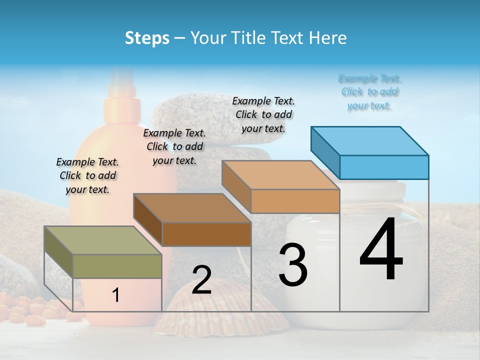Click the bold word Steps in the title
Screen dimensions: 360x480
pyautogui.click(x=147, y=38)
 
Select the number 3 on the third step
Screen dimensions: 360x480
pyautogui.click(x=292, y=265)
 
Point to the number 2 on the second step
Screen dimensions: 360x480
pyautogui.click(x=201, y=280)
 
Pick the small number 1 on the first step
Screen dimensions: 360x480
pyautogui.click(x=115, y=295)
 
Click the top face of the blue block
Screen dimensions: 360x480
pyautogui.click(x=369, y=141)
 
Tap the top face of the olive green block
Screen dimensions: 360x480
pyautogui.click(x=103, y=240)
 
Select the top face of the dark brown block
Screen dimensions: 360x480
pyautogui.click(x=192, y=207)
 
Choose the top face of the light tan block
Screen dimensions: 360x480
pyautogui.click(x=280, y=175)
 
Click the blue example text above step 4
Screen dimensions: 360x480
pyautogui.click(x=369, y=92)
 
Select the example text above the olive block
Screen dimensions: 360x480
pyautogui.click(x=87, y=175)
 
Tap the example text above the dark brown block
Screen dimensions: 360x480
pyautogui.click(x=174, y=146)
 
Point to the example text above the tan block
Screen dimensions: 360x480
pyautogui.click(x=263, y=114)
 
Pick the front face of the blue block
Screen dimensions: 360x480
pyautogui.click(x=384, y=167)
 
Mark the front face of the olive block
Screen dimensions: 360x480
pyautogui.click(x=117, y=266)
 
